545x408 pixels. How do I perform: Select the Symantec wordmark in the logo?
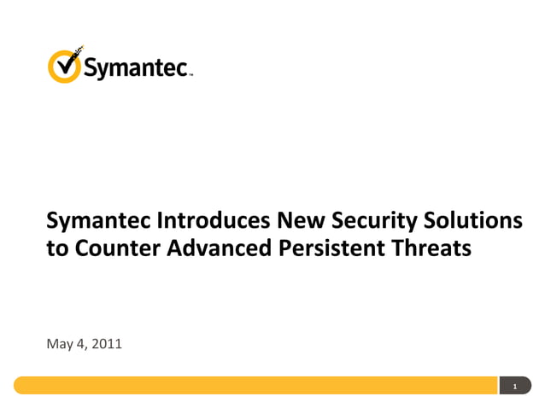(137, 67)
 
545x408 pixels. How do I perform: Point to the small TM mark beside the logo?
(190, 75)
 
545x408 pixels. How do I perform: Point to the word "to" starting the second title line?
(56, 249)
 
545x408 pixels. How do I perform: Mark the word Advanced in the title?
(214, 249)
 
